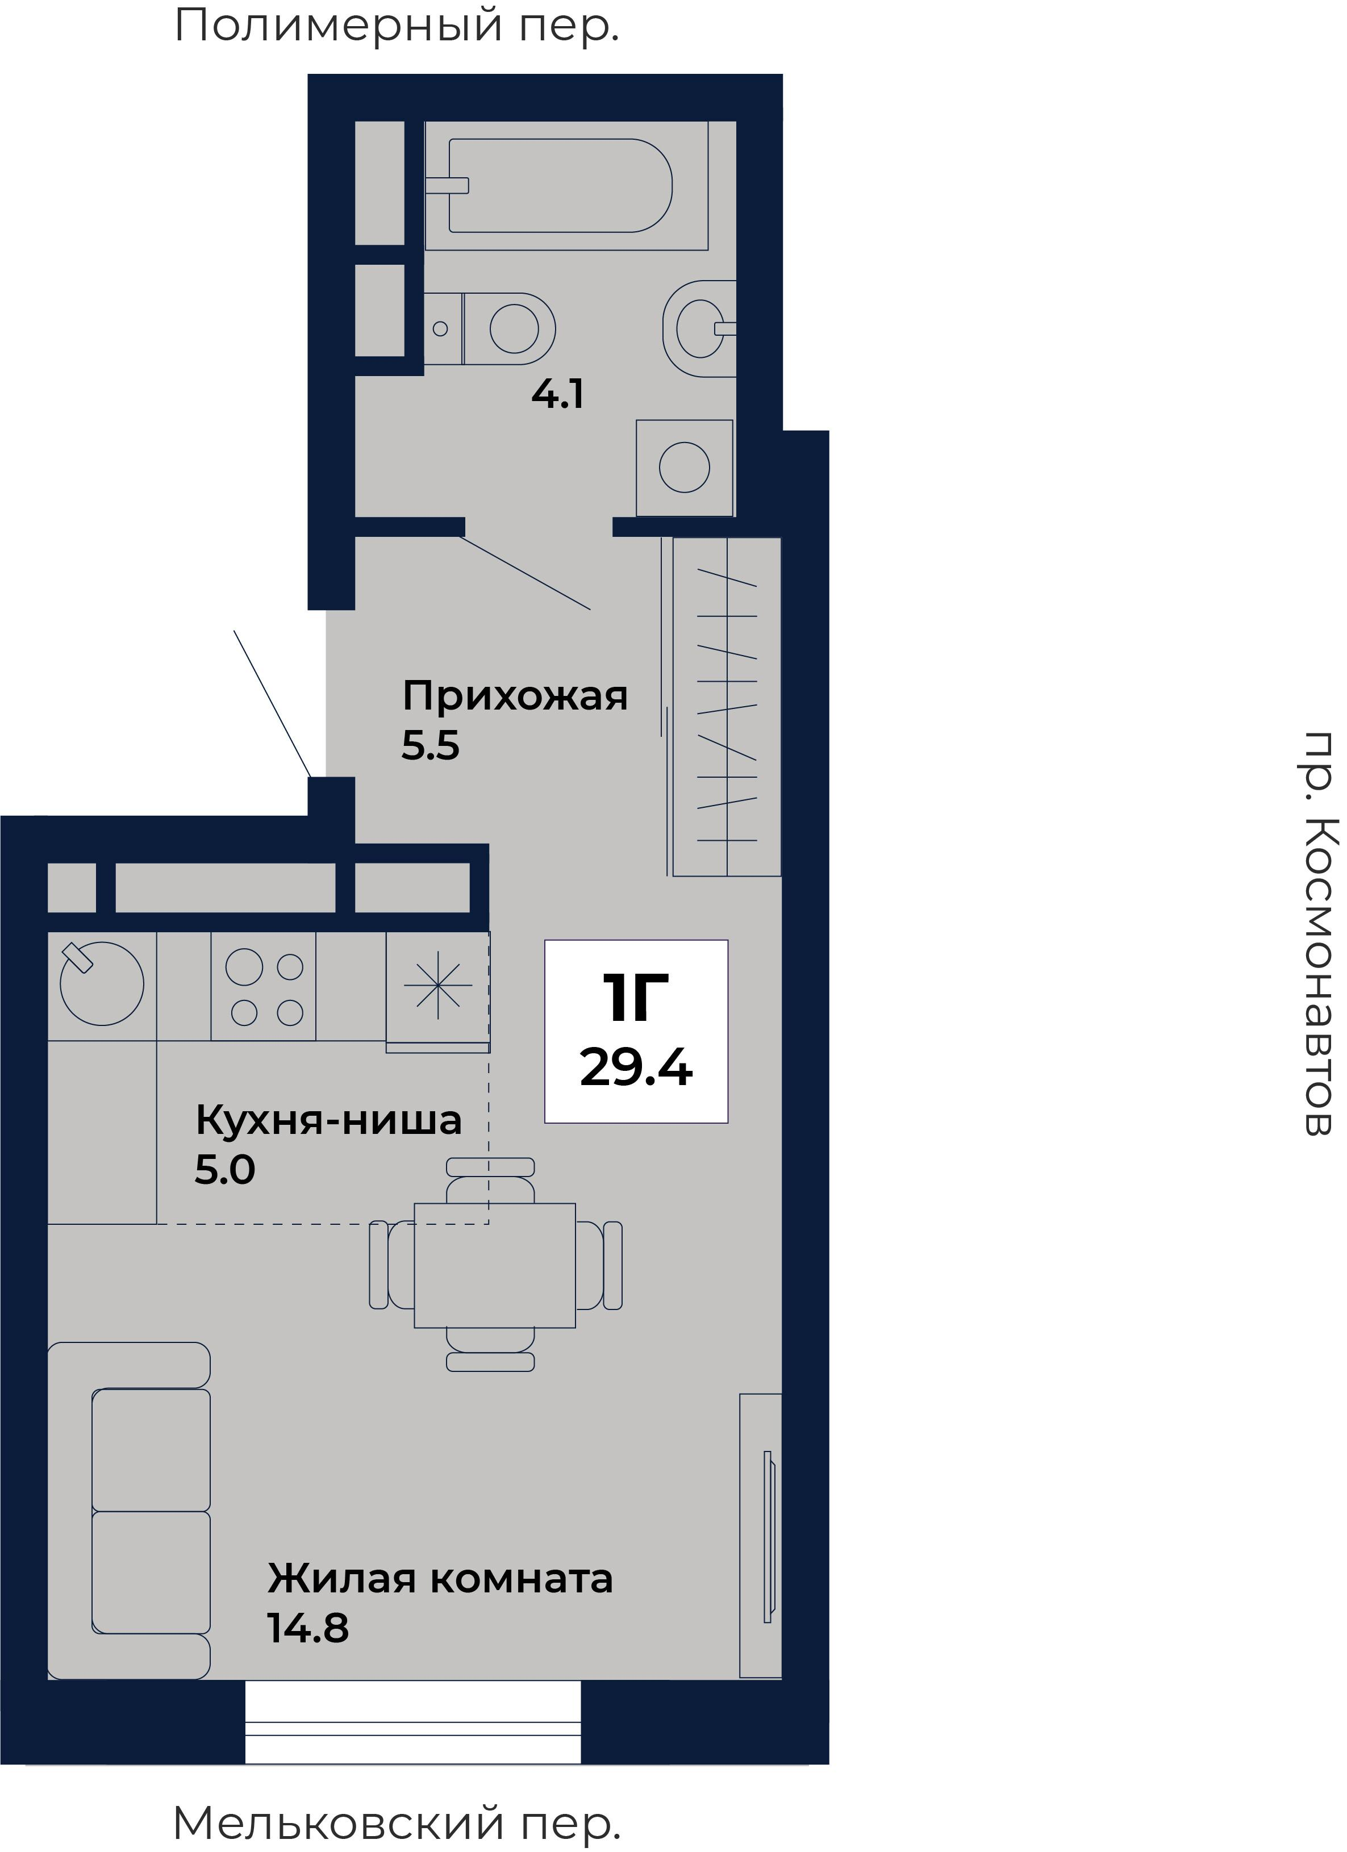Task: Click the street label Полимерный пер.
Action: pyautogui.click(x=397, y=26)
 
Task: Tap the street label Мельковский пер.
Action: pyautogui.click(x=397, y=1822)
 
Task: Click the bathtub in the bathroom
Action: pyautogui.click(x=560, y=185)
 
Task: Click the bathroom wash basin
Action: pyautogui.click(x=699, y=328)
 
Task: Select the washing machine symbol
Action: pyautogui.click(x=684, y=467)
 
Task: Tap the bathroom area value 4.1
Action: pyautogui.click(x=557, y=395)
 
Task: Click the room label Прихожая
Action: pyautogui.click(x=514, y=696)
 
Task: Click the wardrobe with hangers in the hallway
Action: pyautogui.click(x=725, y=706)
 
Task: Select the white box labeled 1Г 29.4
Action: pyautogui.click(x=636, y=1031)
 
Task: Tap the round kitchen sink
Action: pyautogui.click(x=101, y=985)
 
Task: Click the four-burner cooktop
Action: pyautogui.click(x=263, y=986)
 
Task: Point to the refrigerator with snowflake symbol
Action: pyautogui.click(x=437, y=986)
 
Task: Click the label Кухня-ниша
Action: pyautogui.click(x=328, y=1120)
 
